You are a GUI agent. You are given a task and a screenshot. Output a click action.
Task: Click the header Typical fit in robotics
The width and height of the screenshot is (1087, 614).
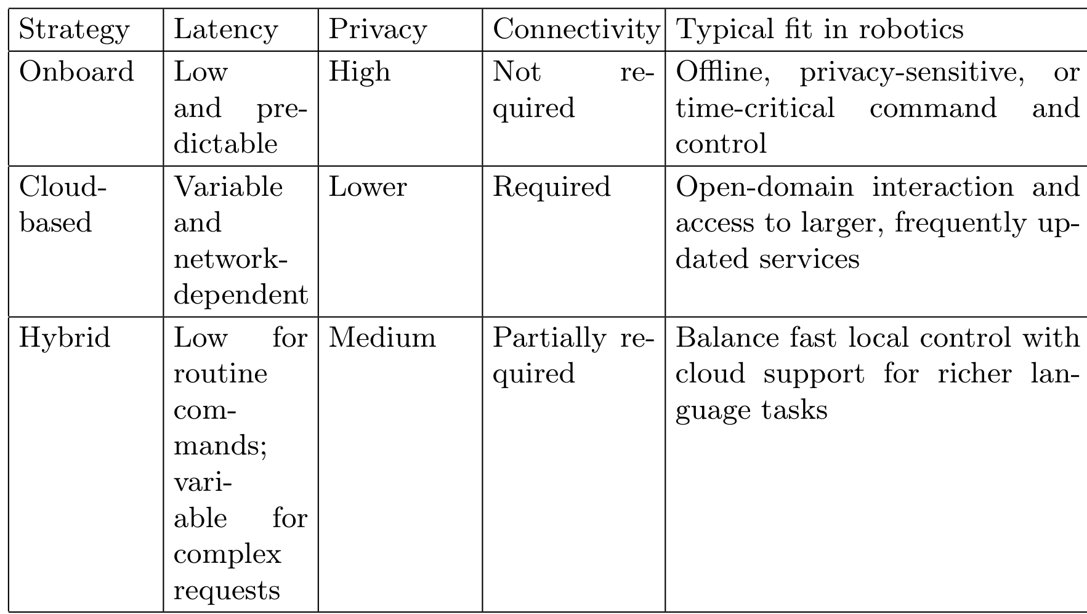pos(820,30)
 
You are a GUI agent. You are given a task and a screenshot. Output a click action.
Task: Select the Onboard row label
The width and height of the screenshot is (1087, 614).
pos(76,71)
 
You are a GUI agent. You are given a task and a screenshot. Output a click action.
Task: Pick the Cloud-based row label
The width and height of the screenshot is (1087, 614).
pos(63,204)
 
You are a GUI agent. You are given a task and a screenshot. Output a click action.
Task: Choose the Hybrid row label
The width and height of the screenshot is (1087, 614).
pos(65,338)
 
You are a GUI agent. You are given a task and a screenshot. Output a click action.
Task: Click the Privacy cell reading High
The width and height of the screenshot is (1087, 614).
pos(360,73)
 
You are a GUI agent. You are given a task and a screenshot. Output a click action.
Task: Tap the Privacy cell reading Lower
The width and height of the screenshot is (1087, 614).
pos(368,187)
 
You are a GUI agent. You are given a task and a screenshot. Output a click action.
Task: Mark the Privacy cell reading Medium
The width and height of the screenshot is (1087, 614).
pos(382,338)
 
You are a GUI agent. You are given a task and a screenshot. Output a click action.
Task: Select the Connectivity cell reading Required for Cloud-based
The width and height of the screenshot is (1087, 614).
pos(552,188)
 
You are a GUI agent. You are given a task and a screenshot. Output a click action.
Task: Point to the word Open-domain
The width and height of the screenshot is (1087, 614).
pos(764,188)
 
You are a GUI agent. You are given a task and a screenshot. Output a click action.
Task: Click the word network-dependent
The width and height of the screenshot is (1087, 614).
pos(241,277)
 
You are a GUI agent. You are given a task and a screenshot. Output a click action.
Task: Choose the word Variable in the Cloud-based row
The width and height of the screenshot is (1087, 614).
pos(228,187)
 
